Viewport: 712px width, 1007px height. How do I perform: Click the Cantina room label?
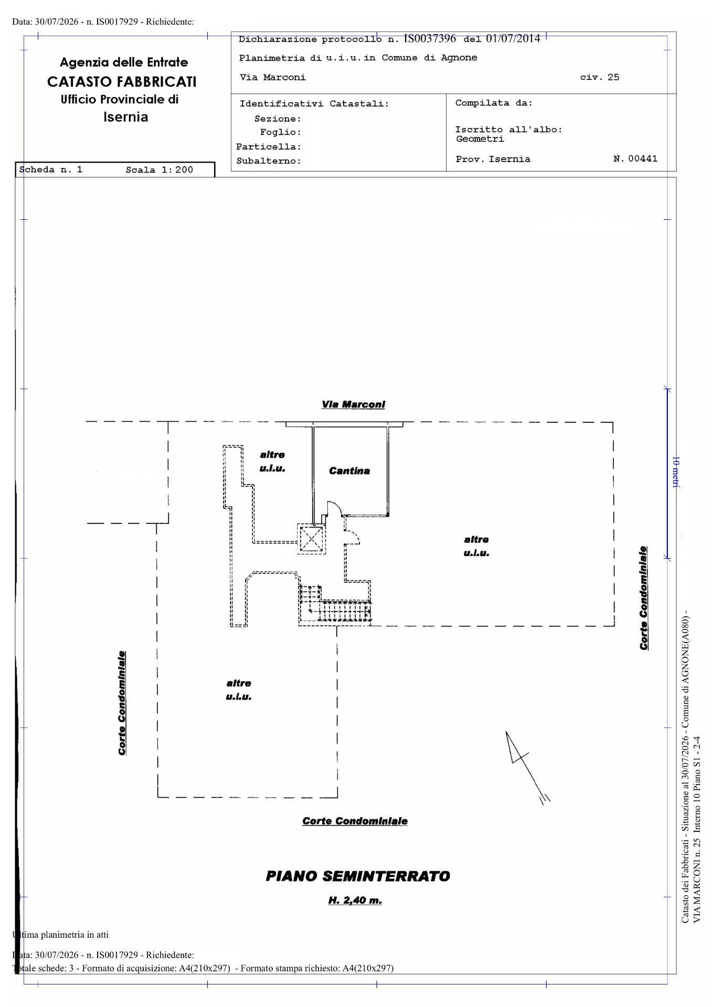tap(349, 471)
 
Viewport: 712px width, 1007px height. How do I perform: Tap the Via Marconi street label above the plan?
tap(353, 404)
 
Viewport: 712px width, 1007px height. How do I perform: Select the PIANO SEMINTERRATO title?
tap(358, 876)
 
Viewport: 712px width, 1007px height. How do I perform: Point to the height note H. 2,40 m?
tap(355, 901)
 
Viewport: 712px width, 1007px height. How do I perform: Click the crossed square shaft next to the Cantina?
tap(311, 538)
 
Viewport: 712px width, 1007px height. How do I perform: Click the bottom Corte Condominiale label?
tap(355, 821)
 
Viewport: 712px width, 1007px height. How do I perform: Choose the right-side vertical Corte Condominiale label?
tap(644, 598)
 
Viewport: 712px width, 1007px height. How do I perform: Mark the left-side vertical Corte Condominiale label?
tap(122, 703)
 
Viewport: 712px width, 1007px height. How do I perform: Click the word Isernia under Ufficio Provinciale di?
tap(126, 116)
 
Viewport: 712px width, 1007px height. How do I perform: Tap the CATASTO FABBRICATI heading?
tap(122, 81)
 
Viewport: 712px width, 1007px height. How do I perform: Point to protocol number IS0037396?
tap(430, 38)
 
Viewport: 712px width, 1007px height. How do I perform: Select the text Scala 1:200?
tap(160, 170)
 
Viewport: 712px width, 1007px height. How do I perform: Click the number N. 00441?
tap(635, 158)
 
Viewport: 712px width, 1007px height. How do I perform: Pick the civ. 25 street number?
tap(600, 77)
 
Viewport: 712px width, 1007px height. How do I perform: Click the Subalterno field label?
tap(269, 161)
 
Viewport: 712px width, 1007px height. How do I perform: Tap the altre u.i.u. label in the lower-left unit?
tap(239, 690)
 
